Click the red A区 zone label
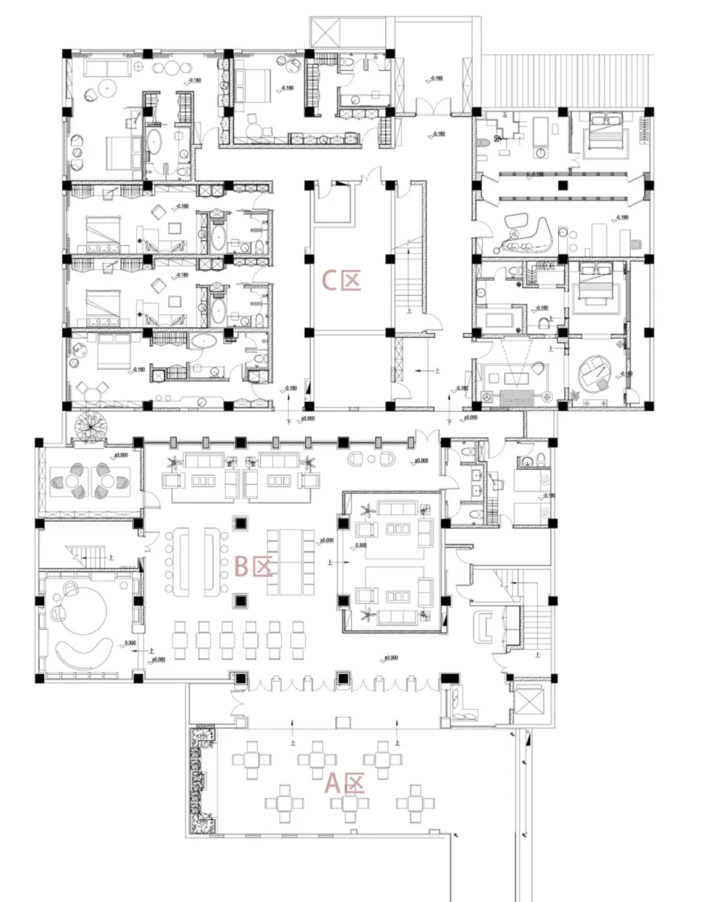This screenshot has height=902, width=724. tap(344, 783)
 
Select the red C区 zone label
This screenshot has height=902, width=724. tap(341, 280)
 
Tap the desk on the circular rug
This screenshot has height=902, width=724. tap(597, 371)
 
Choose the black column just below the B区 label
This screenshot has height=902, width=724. tap(240, 600)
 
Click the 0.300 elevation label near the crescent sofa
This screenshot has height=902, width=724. tap(129, 643)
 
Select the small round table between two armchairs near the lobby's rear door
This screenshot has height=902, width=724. tap(371, 459)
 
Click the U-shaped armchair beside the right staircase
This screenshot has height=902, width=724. tap(481, 625)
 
